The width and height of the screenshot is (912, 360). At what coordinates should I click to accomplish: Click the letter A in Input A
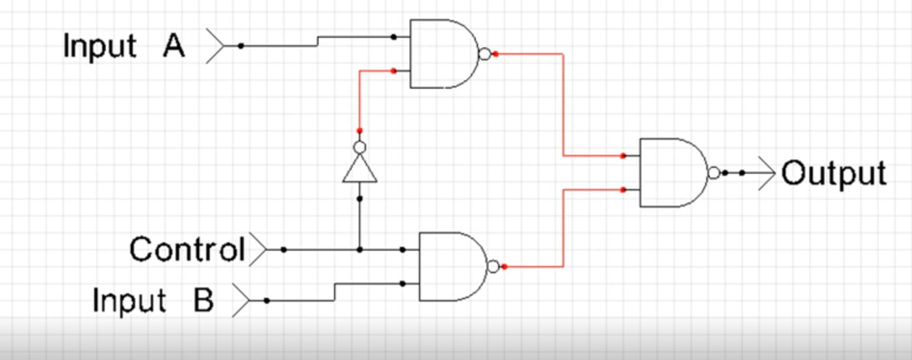(174, 46)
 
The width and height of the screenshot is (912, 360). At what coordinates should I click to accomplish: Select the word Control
(187, 249)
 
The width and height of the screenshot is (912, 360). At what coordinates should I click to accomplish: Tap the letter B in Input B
(203, 300)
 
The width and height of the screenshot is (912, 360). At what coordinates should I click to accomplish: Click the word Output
(834, 173)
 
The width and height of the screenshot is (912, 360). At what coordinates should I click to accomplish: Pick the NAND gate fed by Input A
(444, 54)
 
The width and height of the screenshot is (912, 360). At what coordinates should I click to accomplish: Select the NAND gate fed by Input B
(453, 267)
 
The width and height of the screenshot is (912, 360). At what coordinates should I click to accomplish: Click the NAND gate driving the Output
(674, 173)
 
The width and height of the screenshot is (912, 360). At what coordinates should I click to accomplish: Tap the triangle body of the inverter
(359, 169)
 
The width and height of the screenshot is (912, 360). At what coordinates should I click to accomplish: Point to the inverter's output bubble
(359, 147)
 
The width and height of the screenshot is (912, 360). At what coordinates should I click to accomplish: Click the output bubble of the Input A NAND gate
(485, 54)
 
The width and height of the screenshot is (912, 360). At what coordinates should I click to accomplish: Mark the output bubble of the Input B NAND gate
(493, 267)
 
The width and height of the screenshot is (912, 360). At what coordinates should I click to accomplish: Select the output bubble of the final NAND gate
(714, 173)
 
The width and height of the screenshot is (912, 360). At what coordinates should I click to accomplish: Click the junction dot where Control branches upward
(359, 249)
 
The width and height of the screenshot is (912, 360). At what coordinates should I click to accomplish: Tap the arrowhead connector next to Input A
(215, 46)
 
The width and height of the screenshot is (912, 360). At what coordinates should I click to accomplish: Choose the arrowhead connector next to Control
(258, 249)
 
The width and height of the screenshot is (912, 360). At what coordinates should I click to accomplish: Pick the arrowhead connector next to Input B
(241, 300)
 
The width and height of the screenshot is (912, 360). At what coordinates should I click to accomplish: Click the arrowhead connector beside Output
(767, 173)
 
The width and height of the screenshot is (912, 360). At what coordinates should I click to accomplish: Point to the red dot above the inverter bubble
(359, 131)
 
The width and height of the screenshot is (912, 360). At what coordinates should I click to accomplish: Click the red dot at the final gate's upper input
(623, 155)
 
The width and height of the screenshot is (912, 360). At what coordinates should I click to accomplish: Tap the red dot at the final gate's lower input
(623, 190)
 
